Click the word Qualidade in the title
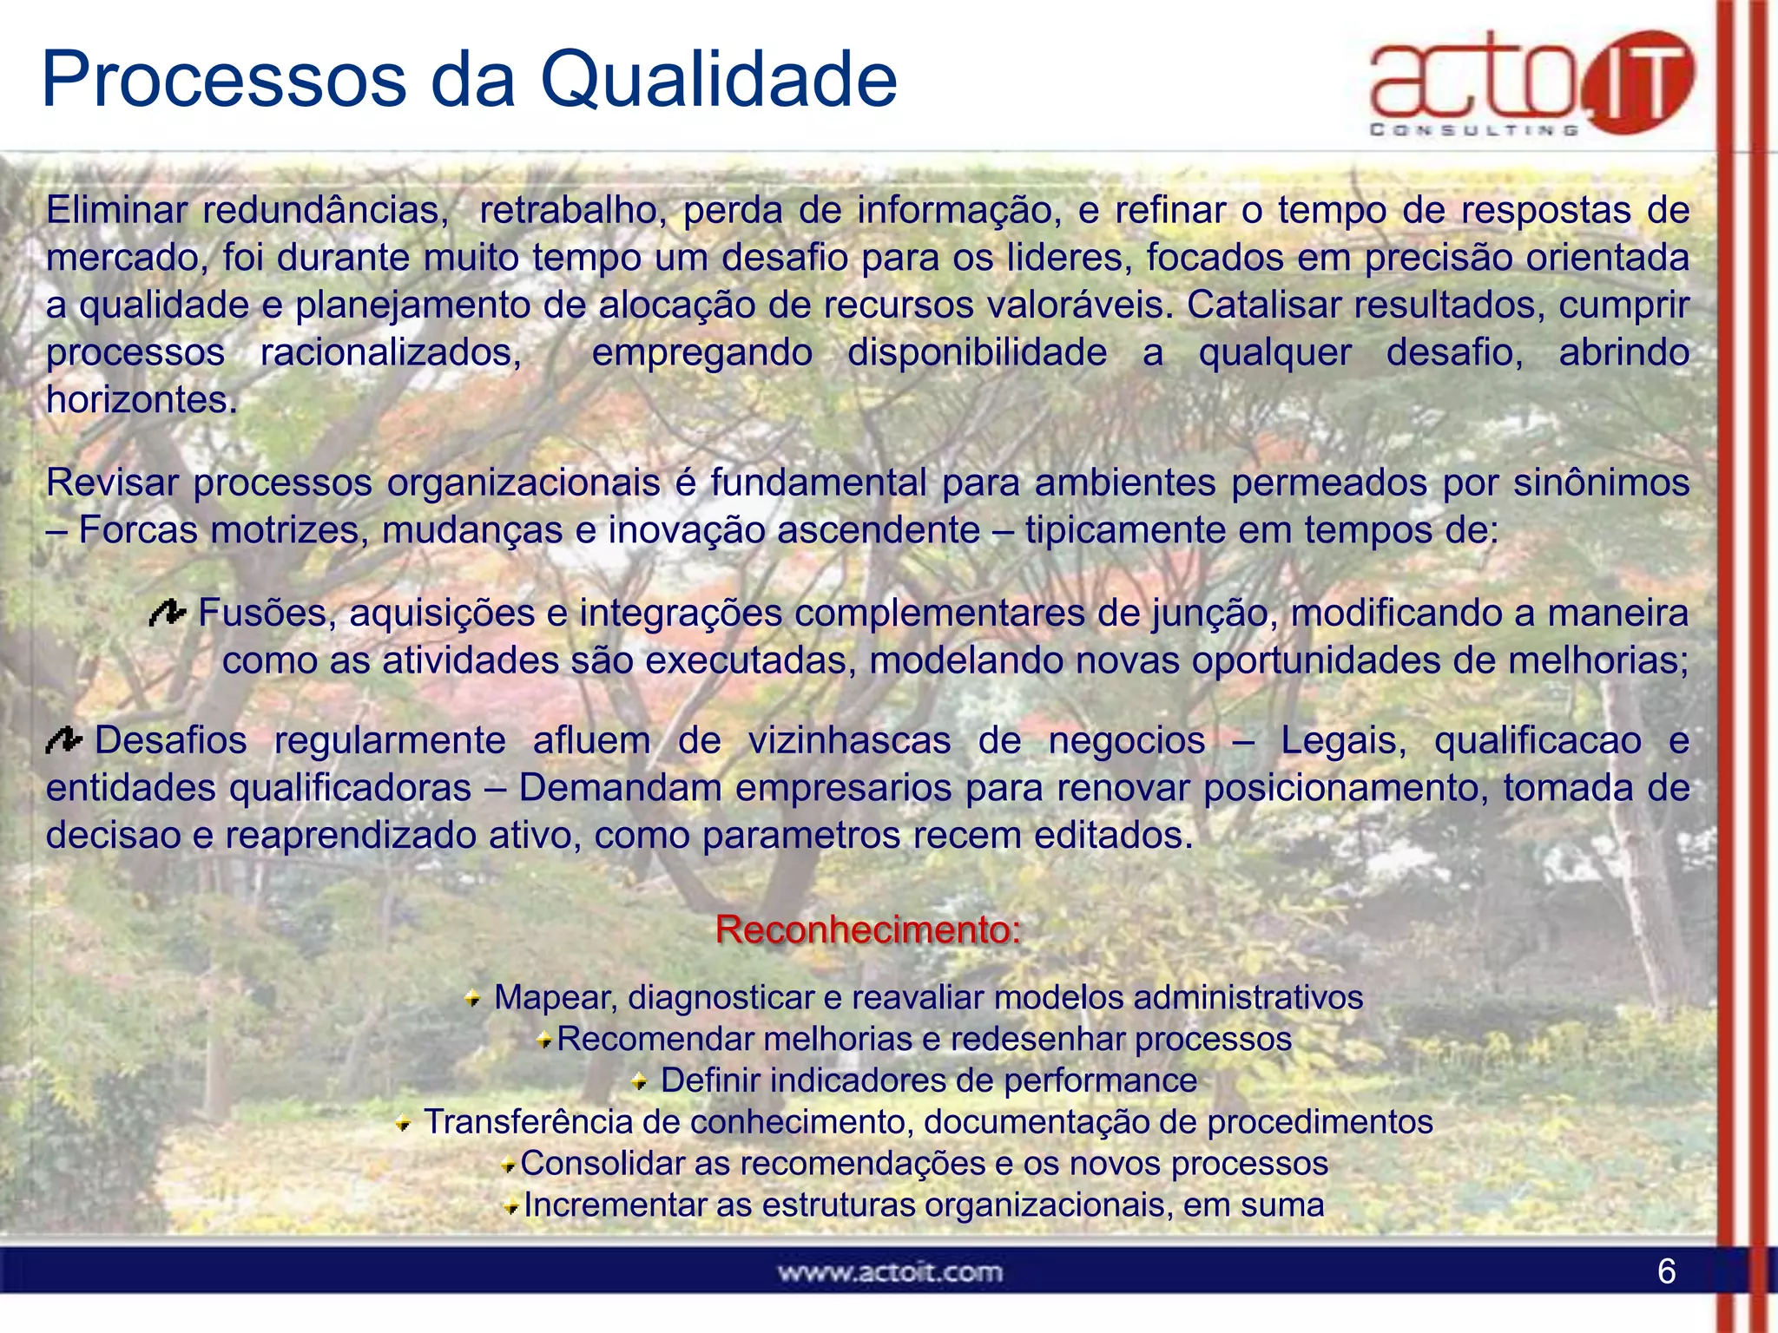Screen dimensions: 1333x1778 718,81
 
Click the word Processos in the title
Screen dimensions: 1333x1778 224,81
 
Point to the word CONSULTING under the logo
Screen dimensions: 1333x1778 1473,130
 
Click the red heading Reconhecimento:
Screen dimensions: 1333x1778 868,929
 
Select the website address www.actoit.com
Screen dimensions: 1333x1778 890,1272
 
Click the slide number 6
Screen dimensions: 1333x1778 1666,1271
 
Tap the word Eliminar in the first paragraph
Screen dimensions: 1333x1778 116,210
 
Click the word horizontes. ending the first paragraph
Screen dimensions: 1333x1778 142,400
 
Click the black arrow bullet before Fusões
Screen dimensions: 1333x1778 168,614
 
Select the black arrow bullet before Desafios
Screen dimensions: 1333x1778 63,740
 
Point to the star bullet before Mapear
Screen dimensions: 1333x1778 472,999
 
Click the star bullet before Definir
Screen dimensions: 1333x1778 639,1081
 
